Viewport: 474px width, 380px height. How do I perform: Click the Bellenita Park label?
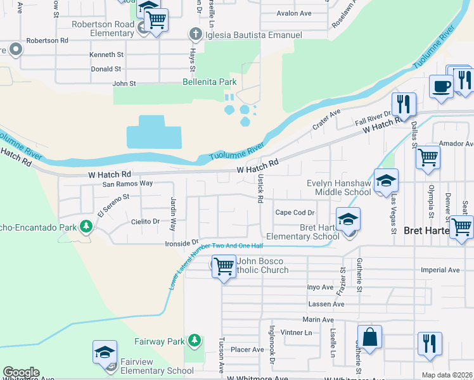[209, 82]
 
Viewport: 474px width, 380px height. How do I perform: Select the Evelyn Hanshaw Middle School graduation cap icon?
[385, 182]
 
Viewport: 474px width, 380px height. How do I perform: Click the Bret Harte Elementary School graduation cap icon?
[348, 219]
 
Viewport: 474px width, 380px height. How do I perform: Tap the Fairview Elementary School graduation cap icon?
[105, 353]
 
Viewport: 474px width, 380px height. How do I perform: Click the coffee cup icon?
[441, 86]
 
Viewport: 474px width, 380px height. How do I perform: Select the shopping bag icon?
[369, 338]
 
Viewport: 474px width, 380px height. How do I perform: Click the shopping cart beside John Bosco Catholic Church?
[224, 267]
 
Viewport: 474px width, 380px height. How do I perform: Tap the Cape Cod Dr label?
[295, 212]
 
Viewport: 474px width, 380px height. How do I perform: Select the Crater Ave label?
[326, 120]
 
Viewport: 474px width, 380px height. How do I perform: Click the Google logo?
[21, 372]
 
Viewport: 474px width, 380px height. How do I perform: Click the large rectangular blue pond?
[154, 132]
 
